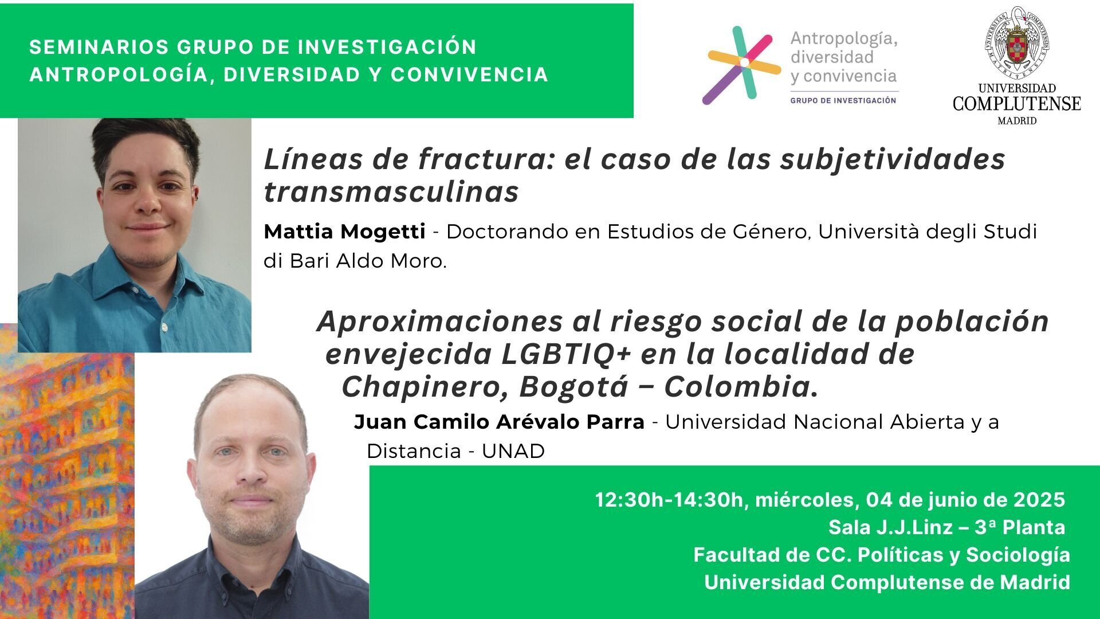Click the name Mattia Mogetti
344,232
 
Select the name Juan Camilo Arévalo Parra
499,422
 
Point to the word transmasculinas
391,192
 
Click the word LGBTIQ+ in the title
566,354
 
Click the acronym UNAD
513,452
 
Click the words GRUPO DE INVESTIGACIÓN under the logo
843,100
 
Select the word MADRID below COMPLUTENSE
1017,121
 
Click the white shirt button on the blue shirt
164,327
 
